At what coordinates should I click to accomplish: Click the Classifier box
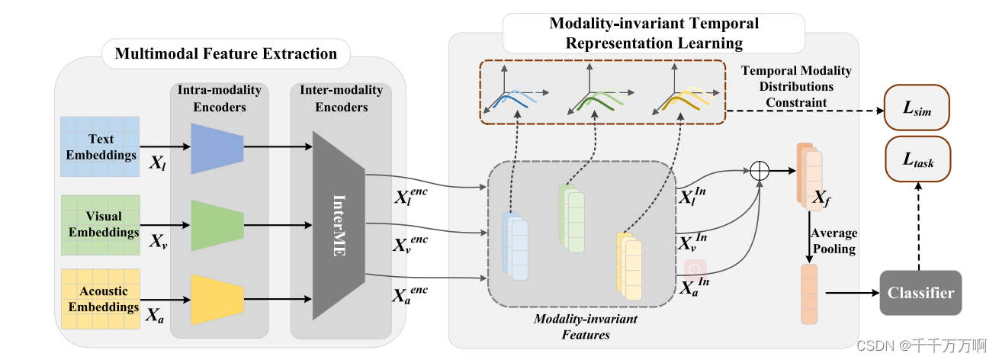tap(920, 293)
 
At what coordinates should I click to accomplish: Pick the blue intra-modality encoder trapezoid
tap(217, 147)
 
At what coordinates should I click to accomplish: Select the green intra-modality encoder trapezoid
tap(217, 226)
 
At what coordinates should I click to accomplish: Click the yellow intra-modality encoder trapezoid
tap(217, 299)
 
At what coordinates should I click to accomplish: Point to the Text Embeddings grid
tap(101, 146)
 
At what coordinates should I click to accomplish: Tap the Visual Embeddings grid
tap(101, 225)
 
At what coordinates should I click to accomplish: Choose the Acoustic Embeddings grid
tap(101, 299)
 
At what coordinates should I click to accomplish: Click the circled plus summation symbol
tap(759, 172)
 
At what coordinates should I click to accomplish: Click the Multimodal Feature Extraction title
tap(226, 54)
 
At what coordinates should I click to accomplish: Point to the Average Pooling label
tap(834, 241)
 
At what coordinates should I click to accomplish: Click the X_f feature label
tap(821, 200)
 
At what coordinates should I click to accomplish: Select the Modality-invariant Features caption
tap(585, 326)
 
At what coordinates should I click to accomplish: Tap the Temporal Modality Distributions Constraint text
tap(796, 86)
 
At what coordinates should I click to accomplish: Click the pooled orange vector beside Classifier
tap(808, 294)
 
